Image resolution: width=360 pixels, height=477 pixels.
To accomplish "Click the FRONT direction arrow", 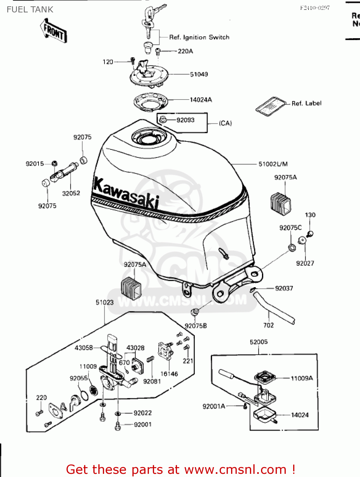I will point(53,31).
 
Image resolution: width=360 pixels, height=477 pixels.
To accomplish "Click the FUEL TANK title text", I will point(30,10).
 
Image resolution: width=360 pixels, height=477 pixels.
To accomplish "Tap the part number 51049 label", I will point(199,74).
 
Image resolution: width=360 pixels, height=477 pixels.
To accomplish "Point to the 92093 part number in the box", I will point(185,120).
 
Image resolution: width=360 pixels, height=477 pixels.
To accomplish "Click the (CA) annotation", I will point(225,123).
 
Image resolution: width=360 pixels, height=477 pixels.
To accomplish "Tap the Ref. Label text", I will point(306,103).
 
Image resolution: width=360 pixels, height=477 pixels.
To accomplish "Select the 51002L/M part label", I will point(273,164).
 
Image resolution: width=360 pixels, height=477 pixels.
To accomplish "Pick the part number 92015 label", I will point(35,164).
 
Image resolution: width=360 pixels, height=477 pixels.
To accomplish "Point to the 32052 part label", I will point(71,193).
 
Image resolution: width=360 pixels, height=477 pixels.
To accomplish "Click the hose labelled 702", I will point(274,308).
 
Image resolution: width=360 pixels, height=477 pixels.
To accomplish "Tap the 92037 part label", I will point(284,288).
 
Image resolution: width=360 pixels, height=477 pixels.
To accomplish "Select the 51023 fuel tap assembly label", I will point(105,302).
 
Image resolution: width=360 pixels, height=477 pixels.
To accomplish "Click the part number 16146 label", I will point(169,374).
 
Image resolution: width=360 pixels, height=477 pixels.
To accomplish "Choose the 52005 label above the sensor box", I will point(258,342).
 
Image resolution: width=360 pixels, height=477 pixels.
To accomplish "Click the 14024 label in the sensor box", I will point(300,415).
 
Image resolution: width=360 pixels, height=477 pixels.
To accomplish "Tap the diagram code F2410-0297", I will point(314,8).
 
